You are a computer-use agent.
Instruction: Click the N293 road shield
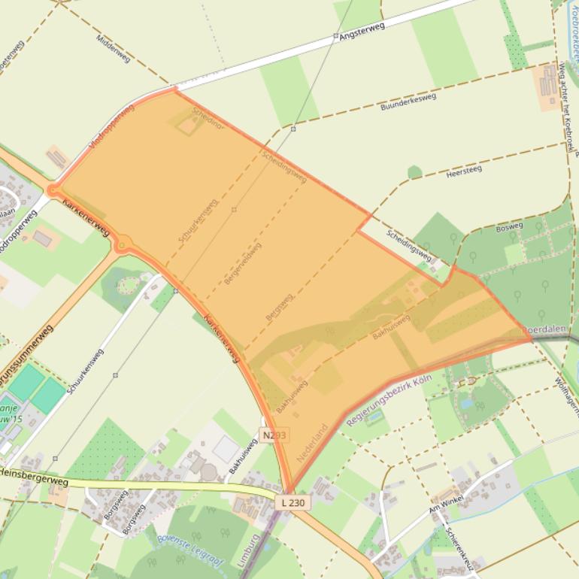click(274, 435)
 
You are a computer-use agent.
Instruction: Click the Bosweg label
click(509, 226)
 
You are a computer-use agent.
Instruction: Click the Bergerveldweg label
click(243, 262)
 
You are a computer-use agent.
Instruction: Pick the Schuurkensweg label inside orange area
click(198, 220)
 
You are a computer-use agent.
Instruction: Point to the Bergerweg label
click(279, 308)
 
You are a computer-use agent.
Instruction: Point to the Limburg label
click(254, 553)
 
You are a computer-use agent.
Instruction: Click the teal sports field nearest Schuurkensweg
click(48, 394)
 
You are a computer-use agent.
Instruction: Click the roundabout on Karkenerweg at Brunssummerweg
click(123, 244)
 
